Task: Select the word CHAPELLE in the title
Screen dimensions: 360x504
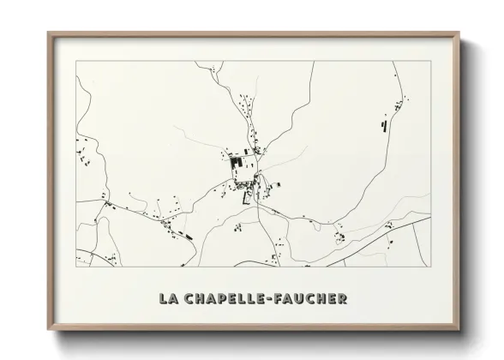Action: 225,298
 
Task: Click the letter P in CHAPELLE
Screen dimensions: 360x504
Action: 223,298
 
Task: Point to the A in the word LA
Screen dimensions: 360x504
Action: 171,298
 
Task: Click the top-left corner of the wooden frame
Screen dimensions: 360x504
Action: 48,33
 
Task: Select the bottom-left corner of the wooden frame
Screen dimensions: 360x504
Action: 48,330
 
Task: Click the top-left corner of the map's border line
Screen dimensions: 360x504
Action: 76,61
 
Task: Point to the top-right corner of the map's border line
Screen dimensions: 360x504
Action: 430,61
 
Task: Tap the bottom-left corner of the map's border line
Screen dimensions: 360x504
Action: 76,267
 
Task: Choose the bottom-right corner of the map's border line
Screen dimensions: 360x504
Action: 430,267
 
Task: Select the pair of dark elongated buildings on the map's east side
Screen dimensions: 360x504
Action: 384,125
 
